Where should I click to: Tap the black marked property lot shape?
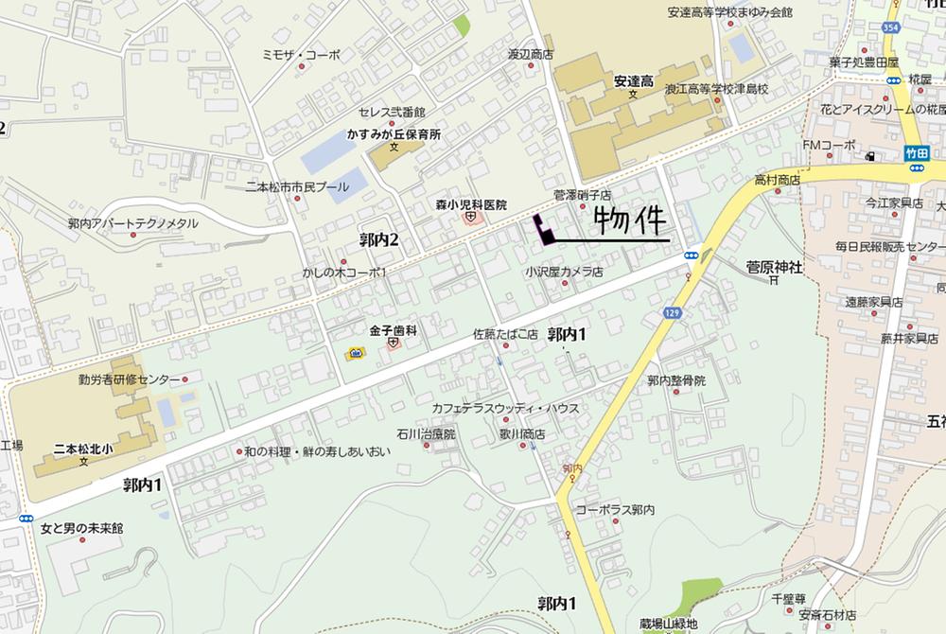tap(543, 230)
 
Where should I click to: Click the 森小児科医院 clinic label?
tap(471, 204)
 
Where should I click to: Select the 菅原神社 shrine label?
tap(774, 268)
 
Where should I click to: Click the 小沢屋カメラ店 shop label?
tap(565, 273)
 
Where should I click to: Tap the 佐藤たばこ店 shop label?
tap(505, 334)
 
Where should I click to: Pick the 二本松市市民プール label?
tap(297, 186)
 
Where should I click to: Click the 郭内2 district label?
tap(378, 239)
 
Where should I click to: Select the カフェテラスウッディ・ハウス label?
tap(504, 408)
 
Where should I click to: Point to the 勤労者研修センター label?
tap(130, 379)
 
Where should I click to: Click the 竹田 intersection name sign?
tap(916, 151)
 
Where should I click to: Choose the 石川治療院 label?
tap(426, 434)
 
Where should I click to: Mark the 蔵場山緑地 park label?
tap(668, 624)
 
